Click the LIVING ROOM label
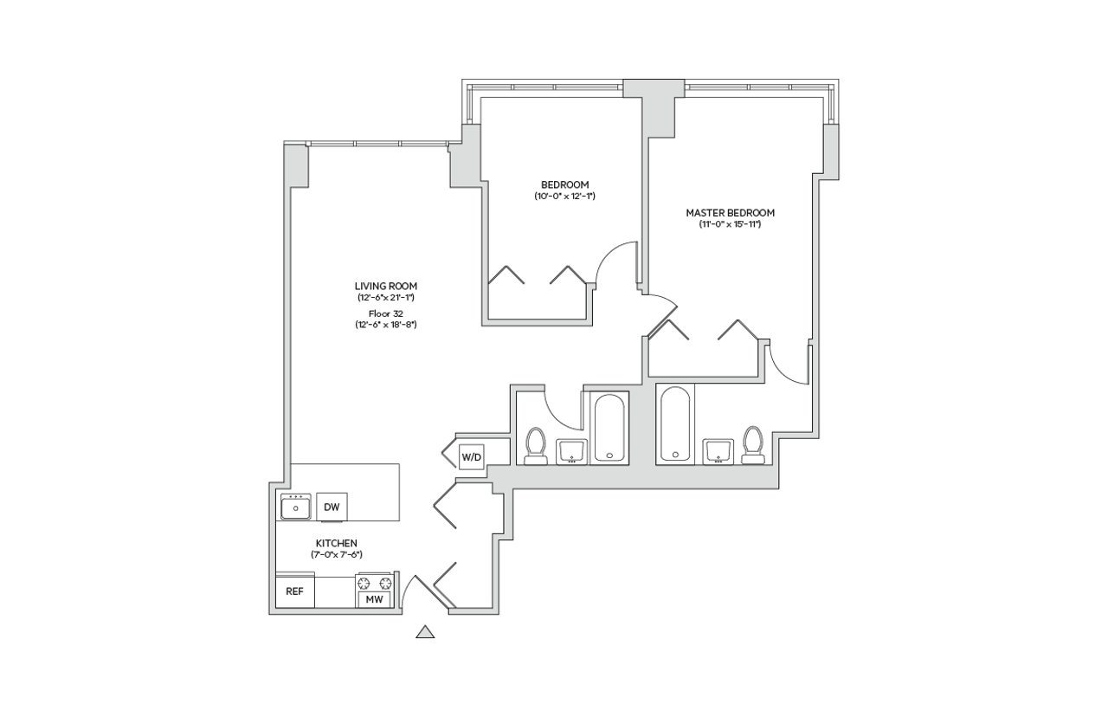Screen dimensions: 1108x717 tap(386, 286)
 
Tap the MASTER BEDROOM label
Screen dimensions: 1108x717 tap(730, 213)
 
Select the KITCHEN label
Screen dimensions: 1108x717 tap(337, 543)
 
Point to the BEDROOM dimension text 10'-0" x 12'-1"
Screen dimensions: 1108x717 tap(564, 196)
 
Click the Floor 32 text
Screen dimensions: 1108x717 tap(386, 313)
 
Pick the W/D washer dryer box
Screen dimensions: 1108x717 tap(472, 457)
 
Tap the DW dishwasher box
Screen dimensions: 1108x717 tap(332, 507)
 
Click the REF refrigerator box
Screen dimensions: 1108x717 tap(295, 591)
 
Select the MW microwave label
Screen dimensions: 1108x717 tap(375, 599)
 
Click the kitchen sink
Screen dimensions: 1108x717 tap(296, 507)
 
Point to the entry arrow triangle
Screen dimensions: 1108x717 tap(425, 632)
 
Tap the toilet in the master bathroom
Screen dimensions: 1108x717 tap(753, 445)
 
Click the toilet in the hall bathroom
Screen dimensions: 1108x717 tap(535, 446)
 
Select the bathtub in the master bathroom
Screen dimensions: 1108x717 tap(675, 424)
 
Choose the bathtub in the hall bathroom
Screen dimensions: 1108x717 tap(609, 428)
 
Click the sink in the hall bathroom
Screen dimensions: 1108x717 tap(572, 452)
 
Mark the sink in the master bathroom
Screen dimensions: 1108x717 tap(718, 451)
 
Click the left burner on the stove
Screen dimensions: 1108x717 tap(364, 583)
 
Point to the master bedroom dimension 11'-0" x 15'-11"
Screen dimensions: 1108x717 tap(730, 224)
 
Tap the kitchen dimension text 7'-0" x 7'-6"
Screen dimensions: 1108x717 tap(337, 555)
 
